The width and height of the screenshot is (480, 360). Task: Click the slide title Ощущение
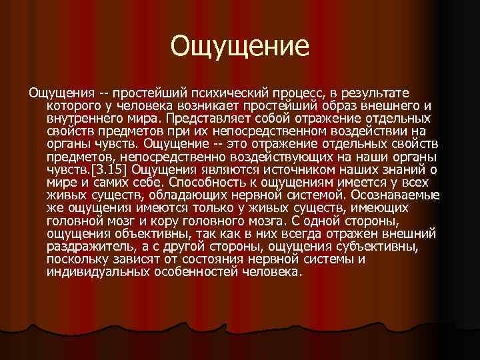pyautogui.click(x=240, y=46)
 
